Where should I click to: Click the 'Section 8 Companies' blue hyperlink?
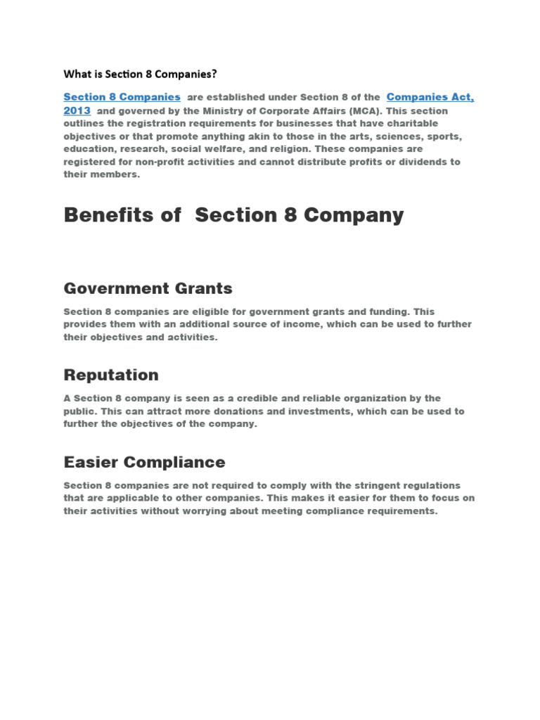click(x=122, y=97)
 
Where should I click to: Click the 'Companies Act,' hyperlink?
click(x=430, y=97)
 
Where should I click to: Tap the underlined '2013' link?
click(x=77, y=111)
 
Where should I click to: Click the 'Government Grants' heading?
click(x=148, y=288)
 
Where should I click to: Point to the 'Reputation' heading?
click(x=111, y=375)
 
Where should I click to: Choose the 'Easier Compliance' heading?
click(x=144, y=462)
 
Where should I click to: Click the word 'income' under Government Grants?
click(x=300, y=324)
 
